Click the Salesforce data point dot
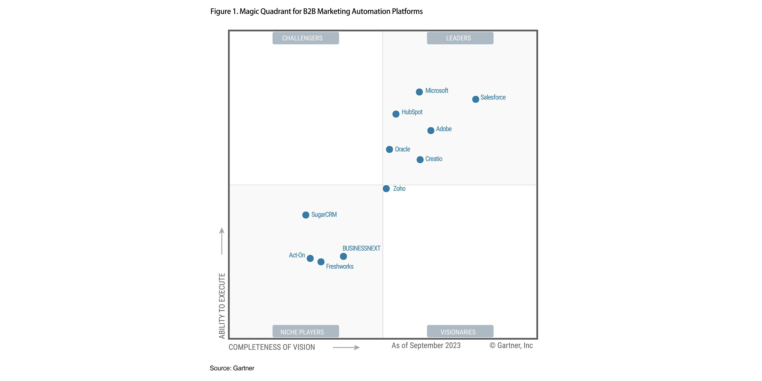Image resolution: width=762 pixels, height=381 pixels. (475, 99)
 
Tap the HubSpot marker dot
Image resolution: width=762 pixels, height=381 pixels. (396, 114)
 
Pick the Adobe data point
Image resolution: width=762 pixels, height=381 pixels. (431, 130)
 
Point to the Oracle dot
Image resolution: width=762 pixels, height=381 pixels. (389, 149)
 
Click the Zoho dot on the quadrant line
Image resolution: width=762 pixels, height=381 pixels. (386, 188)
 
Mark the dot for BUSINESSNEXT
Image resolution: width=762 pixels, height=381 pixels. (343, 256)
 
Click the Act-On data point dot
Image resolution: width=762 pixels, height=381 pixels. (310, 258)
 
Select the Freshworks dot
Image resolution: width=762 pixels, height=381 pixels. (321, 262)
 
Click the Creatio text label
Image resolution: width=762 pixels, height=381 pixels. (434, 159)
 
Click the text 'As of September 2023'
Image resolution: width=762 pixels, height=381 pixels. (426, 345)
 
